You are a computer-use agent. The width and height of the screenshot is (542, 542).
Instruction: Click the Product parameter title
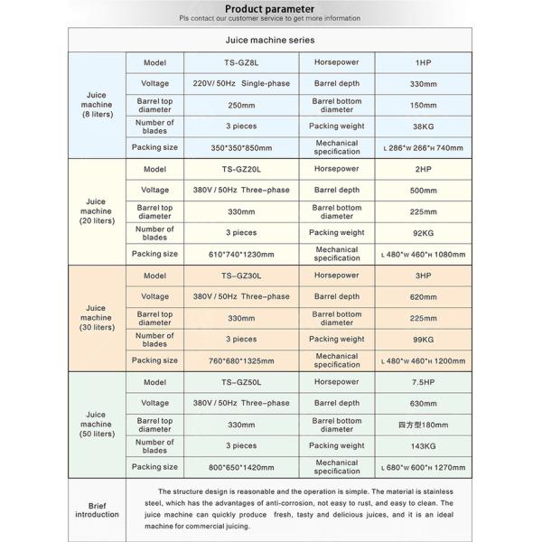pos(270,7)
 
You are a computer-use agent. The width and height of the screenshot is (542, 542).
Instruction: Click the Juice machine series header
pos(270,41)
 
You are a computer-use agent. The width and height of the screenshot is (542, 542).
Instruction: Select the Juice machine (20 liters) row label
pos(96,211)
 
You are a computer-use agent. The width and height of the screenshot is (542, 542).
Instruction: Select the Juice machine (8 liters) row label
pos(96,105)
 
